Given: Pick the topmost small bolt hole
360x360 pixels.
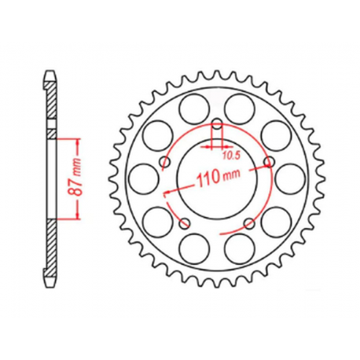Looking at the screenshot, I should tap(215, 123).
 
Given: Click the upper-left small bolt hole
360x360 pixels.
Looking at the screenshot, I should tap(164, 161).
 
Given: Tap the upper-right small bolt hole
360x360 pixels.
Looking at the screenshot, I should tap(267, 161).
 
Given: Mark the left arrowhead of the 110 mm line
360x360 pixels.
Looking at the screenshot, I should tap(166, 192).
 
